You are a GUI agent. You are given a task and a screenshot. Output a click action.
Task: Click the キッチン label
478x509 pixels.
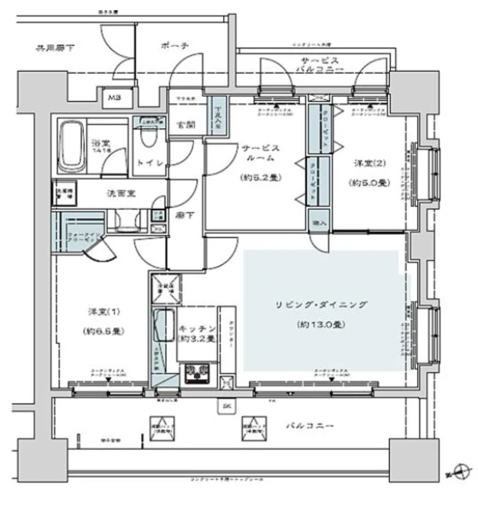pos(196,326)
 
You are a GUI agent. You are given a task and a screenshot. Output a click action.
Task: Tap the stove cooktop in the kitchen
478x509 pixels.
pos(198,373)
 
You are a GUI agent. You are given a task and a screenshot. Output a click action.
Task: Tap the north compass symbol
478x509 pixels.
pos(460,471)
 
